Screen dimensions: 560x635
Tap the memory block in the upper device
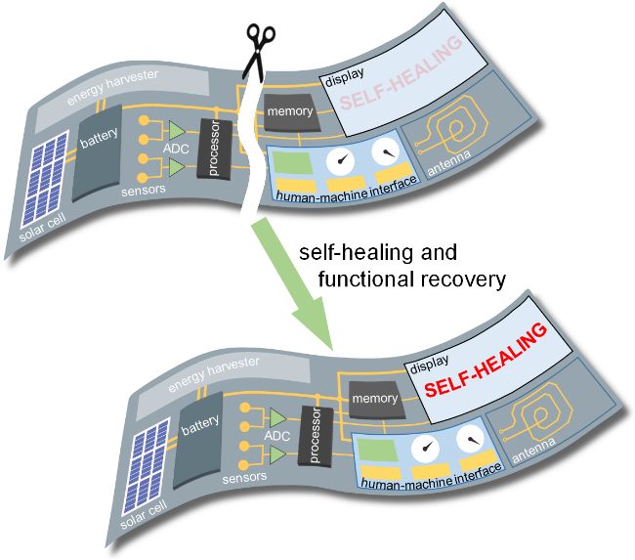(x=290, y=112)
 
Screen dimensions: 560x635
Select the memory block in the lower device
(x=374, y=398)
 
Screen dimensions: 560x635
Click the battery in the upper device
(x=99, y=156)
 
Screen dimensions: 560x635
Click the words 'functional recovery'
(x=411, y=280)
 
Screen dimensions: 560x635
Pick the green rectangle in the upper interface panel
(x=288, y=159)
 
